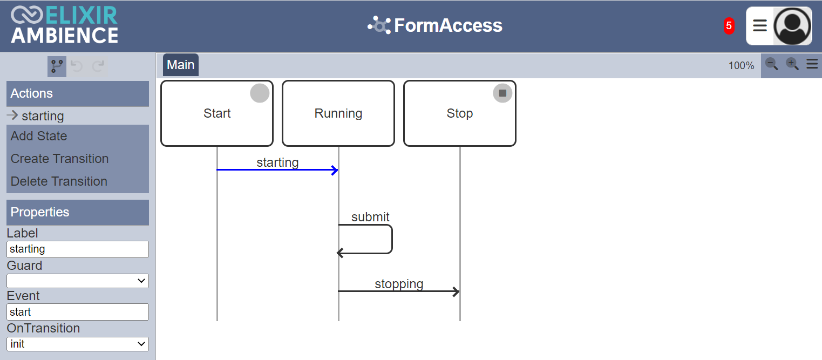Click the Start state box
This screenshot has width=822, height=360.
pyautogui.click(x=217, y=113)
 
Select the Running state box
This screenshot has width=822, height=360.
pyautogui.click(x=338, y=113)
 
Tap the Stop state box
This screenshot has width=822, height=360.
pyautogui.click(x=460, y=113)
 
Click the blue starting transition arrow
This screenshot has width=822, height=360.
pyautogui.click(x=277, y=170)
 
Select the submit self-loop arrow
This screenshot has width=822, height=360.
pyautogui.click(x=392, y=239)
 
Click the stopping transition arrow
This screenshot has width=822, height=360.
pyautogui.click(x=398, y=291)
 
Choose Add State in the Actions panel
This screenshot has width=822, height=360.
pyautogui.click(x=38, y=136)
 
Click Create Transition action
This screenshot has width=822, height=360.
pyautogui.click(x=59, y=159)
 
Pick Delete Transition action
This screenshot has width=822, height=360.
pyautogui.click(x=59, y=181)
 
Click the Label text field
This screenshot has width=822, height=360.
pyautogui.click(x=78, y=249)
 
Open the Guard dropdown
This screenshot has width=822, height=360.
pyautogui.click(x=78, y=281)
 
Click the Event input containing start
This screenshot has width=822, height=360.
pyautogui.click(x=78, y=312)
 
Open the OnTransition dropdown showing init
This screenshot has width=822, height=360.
pyautogui.click(x=78, y=344)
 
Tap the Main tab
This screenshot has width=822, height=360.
pyautogui.click(x=181, y=65)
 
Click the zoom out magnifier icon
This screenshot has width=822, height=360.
pyautogui.click(x=771, y=64)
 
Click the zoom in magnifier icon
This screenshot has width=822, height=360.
pyautogui.click(x=792, y=64)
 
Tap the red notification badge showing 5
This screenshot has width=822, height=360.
pyautogui.click(x=729, y=26)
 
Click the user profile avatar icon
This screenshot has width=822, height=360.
pyautogui.click(x=792, y=26)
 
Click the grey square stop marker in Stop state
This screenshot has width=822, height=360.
pyautogui.click(x=502, y=93)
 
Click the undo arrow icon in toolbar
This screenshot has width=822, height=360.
pyautogui.click(x=77, y=66)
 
